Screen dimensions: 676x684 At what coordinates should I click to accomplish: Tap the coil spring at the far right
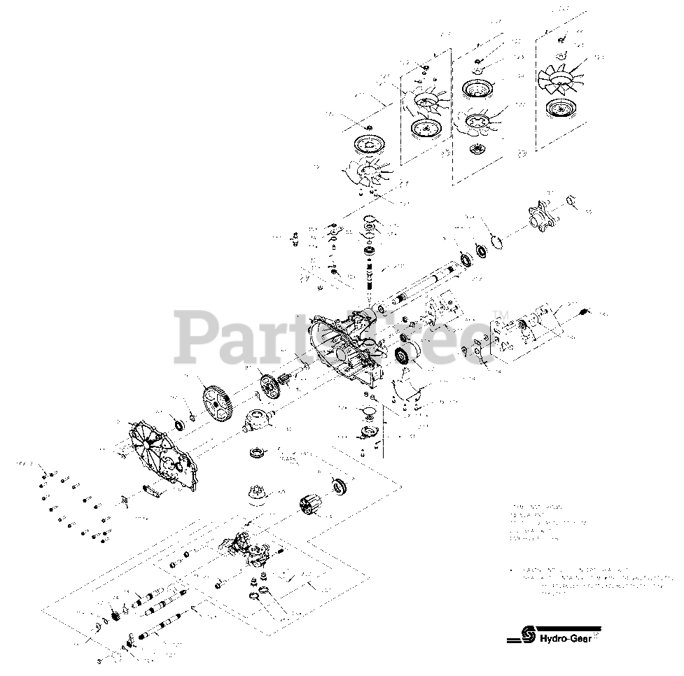(587, 310)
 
